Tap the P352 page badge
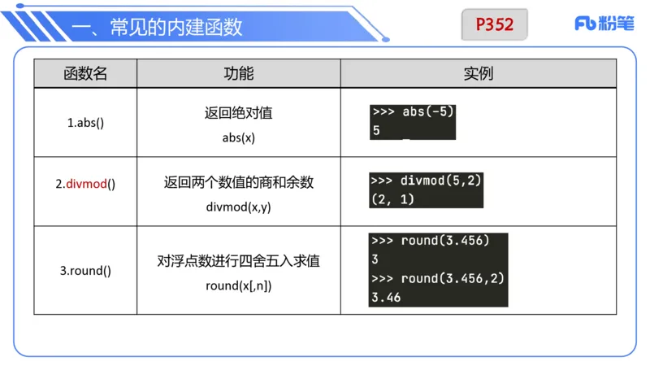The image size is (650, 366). pos(495,24)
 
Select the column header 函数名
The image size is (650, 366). pos(85,73)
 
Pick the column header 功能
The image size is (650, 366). pos(238,73)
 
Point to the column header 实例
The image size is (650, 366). pos(478,73)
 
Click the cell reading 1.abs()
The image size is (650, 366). pos(85,123)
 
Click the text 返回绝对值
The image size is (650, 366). pos(238,113)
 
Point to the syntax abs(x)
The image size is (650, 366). pos(238,137)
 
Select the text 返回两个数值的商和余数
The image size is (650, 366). pos(238,183)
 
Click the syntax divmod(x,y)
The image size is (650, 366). pos(238,207)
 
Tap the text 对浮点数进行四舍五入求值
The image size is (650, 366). pos(238,261)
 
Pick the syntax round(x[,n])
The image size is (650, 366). pos(238,285)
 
